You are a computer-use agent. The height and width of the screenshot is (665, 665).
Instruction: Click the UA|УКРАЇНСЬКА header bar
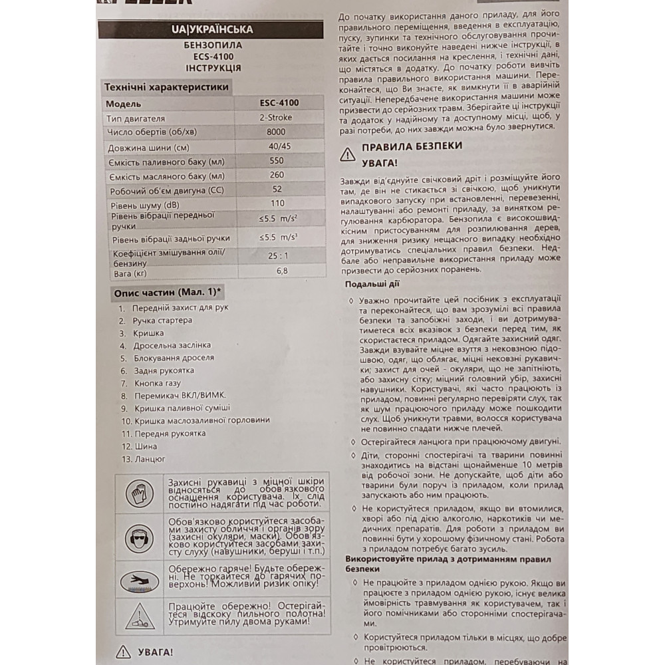click(x=211, y=30)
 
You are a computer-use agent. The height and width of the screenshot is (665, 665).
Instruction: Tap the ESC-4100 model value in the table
click(x=279, y=103)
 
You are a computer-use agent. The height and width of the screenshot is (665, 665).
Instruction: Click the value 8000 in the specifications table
click(x=275, y=132)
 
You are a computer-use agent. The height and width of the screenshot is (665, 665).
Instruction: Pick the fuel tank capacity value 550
click(x=276, y=160)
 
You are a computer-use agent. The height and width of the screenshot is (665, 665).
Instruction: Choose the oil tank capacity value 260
click(x=277, y=175)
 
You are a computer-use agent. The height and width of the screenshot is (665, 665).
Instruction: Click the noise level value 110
click(x=277, y=203)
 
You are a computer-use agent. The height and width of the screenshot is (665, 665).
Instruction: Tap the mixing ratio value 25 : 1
click(x=279, y=256)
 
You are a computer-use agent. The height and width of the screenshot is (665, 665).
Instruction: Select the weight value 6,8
click(x=282, y=271)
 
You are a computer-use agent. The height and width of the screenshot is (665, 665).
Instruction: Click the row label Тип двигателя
click(x=136, y=118)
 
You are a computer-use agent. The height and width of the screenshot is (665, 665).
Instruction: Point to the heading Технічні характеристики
click(x=166, y=87)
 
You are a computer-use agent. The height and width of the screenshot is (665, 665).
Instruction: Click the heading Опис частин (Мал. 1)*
click(x=168, y=293)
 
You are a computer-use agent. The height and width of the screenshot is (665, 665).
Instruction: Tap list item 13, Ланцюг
click(x=150, y=459)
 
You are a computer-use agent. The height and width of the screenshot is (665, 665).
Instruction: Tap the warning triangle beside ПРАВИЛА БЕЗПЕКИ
click(x=347, y=154)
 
